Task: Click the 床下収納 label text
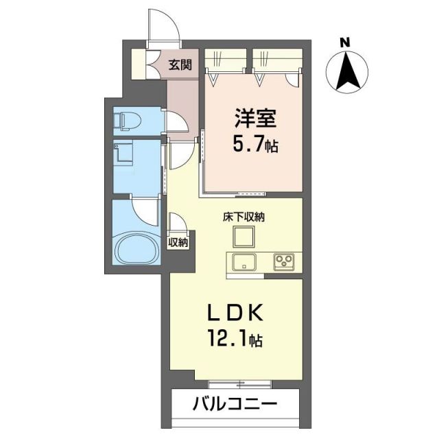pyautogui.click(x=244, y=217)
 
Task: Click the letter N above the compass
pyautogui.click(x=346, y=43)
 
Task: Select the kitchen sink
pyautogui.click(x=244, y=262)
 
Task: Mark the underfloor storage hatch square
pyautogui.click(x=243, y=237)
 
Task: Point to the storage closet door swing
pyautogui.click(x=177, y=224)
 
